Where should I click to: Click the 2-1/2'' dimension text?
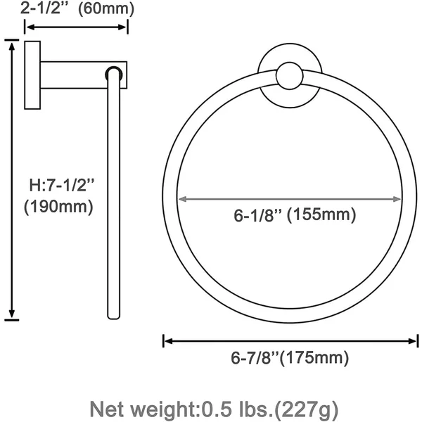pyautogui.click(x=46, y=8)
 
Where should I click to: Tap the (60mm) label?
pyautogui.click(x=106, y=9)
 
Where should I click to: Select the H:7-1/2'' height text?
pyautogui.click(x=62, y=185)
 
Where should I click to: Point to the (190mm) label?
pyautogui.click(x=58, y=207)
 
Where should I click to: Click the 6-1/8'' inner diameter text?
pyautogui.click(x=257, y=215)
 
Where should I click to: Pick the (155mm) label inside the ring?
pyautogui.click(x=321, y=215)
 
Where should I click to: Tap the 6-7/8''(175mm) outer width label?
pyautogui.click(x=290, y=358)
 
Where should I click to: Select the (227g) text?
pyautogui.click(x=306, y=409)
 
